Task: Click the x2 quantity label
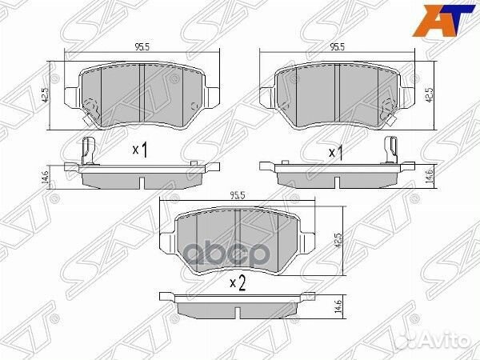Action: (x=236, y=281)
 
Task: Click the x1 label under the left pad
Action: (x=139, y=150)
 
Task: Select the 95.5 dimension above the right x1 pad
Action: (x=338, y=47)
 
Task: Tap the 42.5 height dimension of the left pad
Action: (x=47, y=94)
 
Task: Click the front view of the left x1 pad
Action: (x=139, y=94)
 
